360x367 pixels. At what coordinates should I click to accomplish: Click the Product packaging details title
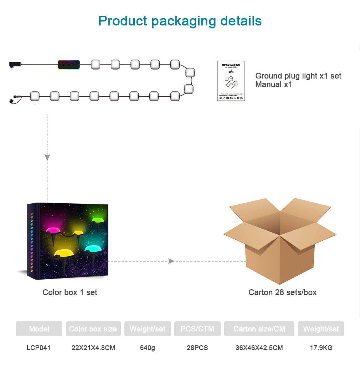pos(180,21)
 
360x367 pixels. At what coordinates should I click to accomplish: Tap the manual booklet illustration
pos(231,81)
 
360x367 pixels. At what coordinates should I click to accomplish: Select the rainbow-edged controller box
pos(69,65)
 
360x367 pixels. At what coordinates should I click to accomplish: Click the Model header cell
pos(39,329)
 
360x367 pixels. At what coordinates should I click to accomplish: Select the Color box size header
pos(93,329)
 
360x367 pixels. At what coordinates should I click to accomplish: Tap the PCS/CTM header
pos(197,329)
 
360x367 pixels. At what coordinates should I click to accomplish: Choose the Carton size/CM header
pos(259,329)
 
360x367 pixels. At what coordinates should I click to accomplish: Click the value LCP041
pos(38,348)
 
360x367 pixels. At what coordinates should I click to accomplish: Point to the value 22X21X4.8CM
pos(93,348)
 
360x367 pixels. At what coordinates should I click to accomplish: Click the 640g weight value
pos(147,348)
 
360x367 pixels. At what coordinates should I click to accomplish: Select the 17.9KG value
pos(321,348)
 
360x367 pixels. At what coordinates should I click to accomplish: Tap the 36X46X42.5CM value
pos(259,348)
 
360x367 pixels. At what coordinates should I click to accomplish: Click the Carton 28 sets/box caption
pos(282,292)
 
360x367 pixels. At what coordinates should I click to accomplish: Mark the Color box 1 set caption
pos(70,292)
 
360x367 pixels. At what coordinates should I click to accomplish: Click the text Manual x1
pos(273,85)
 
